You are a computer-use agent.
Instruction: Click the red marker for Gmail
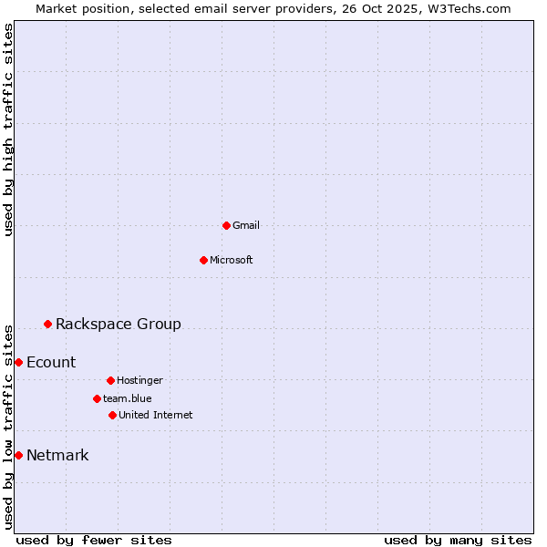[x=226, y=225]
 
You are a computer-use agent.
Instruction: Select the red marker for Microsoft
[x=203, y=260]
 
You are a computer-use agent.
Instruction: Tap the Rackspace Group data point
[x=47, y=324]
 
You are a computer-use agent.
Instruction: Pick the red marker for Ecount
[x=18, y=362]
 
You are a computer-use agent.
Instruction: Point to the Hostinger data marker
[x=110, y=380]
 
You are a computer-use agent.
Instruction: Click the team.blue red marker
[x=97, y=398]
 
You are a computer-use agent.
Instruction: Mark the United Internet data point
[x=112, y=415]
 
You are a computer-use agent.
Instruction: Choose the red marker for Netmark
[x=18, y=455]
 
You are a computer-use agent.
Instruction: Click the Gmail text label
[x=246, y=225]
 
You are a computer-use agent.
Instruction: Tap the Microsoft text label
[x=232, y=260]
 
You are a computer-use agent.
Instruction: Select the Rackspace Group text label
[x=119, y=324]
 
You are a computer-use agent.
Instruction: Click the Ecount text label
[x=51, y=362]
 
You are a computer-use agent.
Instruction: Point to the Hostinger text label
[x=139, y=380]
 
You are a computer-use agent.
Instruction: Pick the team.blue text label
[x=128, y=398]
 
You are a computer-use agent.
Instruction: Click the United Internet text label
[x=156, y=415]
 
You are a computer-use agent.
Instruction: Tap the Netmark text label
[x=57, y=455]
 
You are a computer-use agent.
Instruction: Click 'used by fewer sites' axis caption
[x=94, y=540]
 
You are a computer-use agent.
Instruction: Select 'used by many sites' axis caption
[x=458, y=540]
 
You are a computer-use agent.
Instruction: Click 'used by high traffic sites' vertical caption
[x=8, y=129]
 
